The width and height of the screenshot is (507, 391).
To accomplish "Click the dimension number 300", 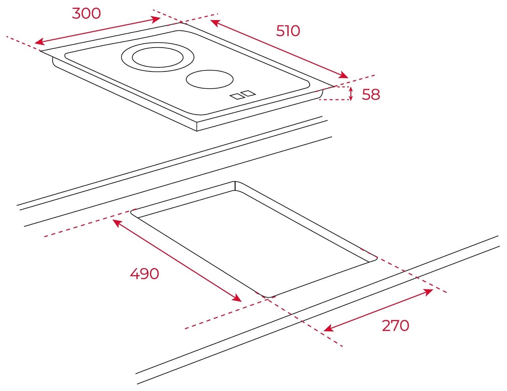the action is [x=86, y=14].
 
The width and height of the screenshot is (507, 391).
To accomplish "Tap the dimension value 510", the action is [x=288, y=31].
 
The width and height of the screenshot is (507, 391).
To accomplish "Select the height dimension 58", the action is [x=371, y=94].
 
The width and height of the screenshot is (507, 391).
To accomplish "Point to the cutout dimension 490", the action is [x=144, y=274].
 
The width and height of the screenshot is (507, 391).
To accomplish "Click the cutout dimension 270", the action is [x=395, y=326].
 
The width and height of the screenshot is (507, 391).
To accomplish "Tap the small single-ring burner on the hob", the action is [x=209, y=79].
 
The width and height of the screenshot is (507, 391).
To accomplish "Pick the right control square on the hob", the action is [x=248, y=93].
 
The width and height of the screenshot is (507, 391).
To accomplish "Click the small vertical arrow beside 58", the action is [x=351, y=94].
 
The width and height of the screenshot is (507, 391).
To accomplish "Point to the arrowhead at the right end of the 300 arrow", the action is [x=156, y=19].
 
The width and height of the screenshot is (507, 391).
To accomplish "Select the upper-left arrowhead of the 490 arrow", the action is [x=117, y=222].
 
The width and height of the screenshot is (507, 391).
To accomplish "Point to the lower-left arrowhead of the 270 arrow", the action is [x=328, y=329].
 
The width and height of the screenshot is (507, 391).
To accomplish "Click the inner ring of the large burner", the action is [x=158, y=48].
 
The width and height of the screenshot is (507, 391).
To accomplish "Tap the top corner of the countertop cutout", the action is [x=235, y=181].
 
